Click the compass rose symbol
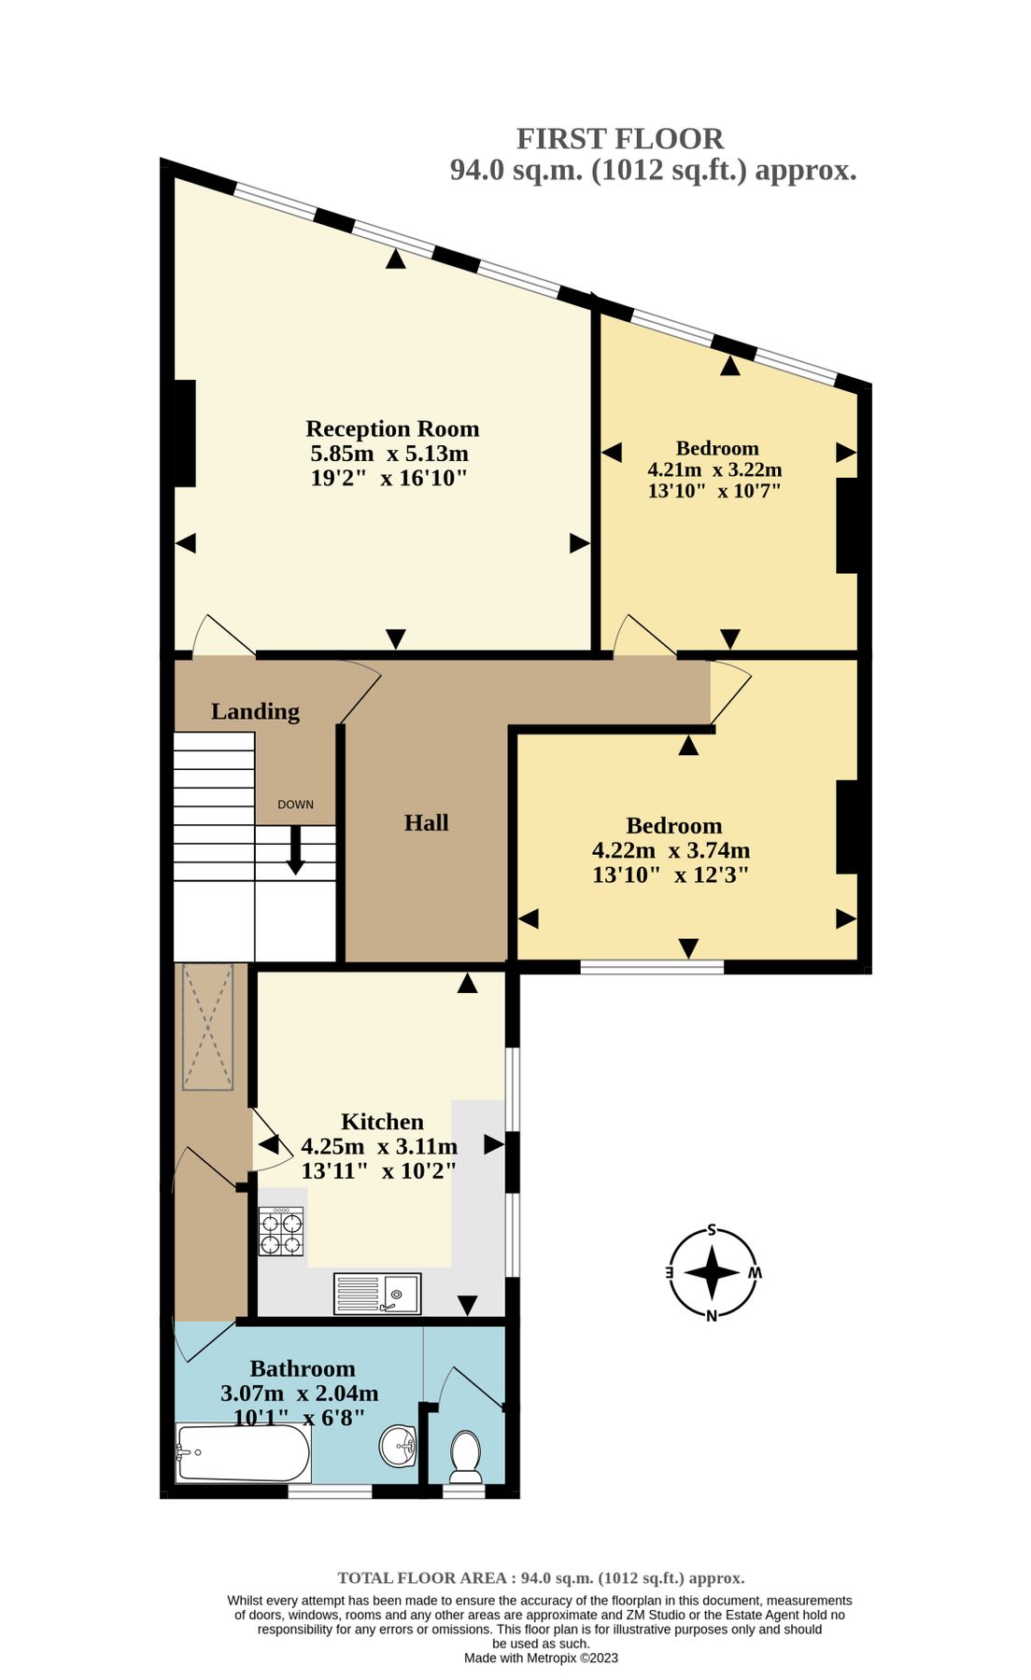coord(712,1273)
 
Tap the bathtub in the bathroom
coord(243,1453)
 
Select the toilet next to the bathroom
coord(465,1456)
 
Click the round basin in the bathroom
coord(398,1447)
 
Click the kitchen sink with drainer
coord(377,1294)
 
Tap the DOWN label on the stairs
coord(295,805)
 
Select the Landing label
coord(255,711)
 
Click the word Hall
coord(426,822)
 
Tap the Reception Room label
coord(392,428)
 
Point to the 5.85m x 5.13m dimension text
coord(388,454)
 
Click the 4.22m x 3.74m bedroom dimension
coord(671,850)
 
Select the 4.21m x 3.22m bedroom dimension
coord(714,469)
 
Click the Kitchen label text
coord(382,1122)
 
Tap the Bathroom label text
coord(303,1368)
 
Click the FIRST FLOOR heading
coord(619,139)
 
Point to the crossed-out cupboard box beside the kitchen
coord(207,1027)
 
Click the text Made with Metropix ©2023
coord(541,1658)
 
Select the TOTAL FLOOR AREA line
coord(541,1578)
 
